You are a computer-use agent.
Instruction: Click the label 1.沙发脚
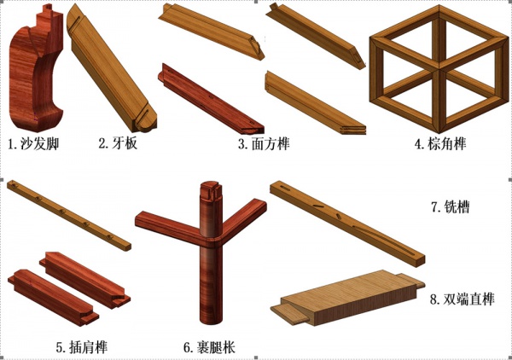click(33, 143)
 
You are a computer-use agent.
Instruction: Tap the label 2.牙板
click(118, 143)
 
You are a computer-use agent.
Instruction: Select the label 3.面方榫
click(264, 144)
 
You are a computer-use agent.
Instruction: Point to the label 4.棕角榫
click(440, 144)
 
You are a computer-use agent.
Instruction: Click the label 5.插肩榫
click(82, 347)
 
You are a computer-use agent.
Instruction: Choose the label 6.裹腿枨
click(209, 347)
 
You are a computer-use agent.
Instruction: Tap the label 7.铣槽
click(451, 206)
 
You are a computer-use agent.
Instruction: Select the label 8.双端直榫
click(462, 299)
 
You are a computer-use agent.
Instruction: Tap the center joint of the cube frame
click(439, 69)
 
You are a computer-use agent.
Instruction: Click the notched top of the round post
click(211, 189)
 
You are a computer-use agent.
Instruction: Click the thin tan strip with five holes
click(68, 215)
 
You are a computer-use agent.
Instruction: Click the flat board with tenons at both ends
click(348, 298)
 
